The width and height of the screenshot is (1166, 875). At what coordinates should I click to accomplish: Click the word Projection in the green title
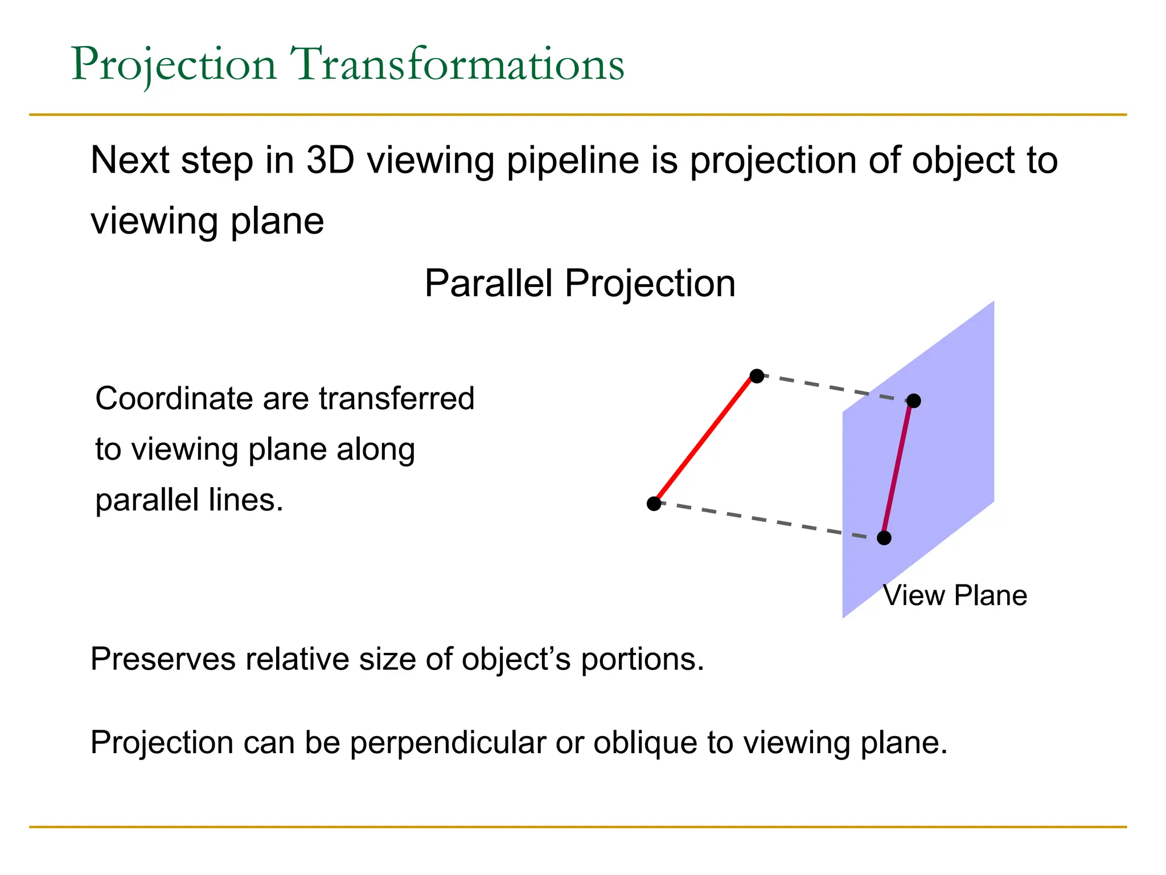pyautogui.click(x=174, y=64)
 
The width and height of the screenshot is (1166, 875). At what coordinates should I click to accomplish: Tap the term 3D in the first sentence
pyautogui.click(x=330, y=160)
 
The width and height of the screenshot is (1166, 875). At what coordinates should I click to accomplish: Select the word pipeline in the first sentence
pyautogui.click(x=573, y=161)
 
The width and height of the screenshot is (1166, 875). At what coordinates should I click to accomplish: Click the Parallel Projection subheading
pyautogui.click(x=580, y=283)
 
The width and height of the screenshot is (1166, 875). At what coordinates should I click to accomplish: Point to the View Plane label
pyautogui.click(x=955, y=596)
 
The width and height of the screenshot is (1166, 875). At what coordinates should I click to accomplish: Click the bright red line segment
pyautogui.click(x=705, y=440)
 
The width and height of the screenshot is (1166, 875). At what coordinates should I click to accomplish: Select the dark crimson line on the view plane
pyautogui.click(x=898, y=470)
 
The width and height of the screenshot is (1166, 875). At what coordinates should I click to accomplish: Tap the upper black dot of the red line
pyautogui.click(x=757, y=376)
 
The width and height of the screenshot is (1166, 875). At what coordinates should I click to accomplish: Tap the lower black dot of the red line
pyautogui.click(x=654, y=504)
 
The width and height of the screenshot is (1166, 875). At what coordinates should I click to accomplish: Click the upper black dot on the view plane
pyautogui.click(x=914, y=401)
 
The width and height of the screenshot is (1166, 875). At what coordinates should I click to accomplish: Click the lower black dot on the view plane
pyautogui.click(x=884, y=538)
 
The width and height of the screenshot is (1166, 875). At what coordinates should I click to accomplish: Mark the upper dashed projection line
pyautogui.click(x=835, y=389)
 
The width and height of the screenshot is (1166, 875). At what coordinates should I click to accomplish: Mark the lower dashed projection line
pyautogui.click(x=769, y=521)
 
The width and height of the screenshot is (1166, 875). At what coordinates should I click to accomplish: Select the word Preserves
pyautogui.click(x=163, y=659)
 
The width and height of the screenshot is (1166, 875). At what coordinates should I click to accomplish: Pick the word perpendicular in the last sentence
pyautogui.click(x=448, y=743)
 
